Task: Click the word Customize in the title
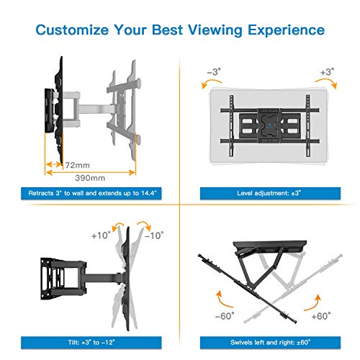point(72,30)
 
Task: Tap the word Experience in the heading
point(286,30)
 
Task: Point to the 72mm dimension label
point(78,165)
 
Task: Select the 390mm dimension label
point(90,178)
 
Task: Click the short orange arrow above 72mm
point(54,164)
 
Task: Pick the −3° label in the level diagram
point(214,71)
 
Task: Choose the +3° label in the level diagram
point(327,72)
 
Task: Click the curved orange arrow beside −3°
point(210,82)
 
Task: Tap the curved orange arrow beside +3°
point(328,82)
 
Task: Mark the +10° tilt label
point(101,235)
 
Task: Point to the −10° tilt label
point(154,235)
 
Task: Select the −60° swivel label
point(225,316)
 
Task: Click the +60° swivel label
point(321,316)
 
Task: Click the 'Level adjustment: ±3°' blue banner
point(270,194)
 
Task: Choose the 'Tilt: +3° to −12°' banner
point(91,343)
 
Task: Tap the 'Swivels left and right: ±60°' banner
point(270,343)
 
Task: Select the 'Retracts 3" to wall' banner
point(91,194)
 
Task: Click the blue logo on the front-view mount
point(270,125)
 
